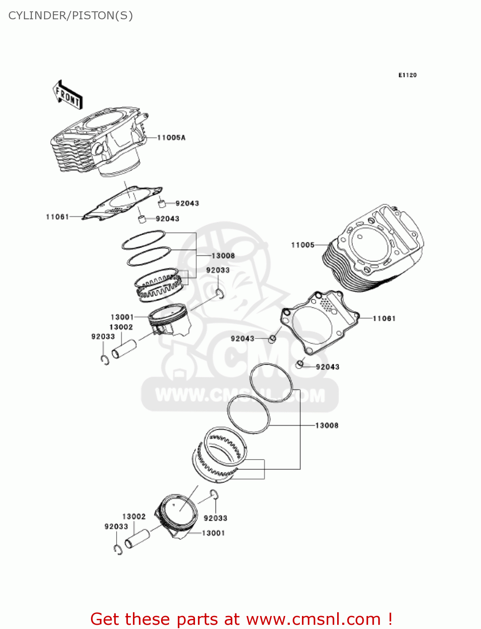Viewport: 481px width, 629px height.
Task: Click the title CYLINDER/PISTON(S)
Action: coord(70,16)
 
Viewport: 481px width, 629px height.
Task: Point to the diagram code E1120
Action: coord(407,75)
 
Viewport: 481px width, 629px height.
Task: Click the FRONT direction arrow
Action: coord(68,95)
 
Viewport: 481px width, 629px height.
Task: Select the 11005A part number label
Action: coord(171,138)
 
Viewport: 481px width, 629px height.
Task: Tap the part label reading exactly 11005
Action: coord(302,245)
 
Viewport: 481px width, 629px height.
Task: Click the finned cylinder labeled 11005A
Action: coord(99,143)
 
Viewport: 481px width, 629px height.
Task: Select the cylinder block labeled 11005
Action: coord(373,247)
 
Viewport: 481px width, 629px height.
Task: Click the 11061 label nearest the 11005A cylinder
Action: coord(57,217)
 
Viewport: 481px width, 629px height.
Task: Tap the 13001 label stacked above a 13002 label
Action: coord(122,317)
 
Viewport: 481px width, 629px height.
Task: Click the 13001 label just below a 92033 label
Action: coord(213,533)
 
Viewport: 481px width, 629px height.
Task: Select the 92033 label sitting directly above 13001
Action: coord(215,518)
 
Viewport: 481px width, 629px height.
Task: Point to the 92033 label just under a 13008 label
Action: coord(218,270)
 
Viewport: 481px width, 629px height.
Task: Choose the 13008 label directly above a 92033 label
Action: coord(223,256)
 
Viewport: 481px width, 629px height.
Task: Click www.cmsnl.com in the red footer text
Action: coord(313,619)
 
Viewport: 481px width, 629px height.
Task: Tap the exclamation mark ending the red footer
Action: coord(390,619)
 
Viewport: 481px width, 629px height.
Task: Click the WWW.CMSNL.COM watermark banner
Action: coord(240,395)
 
